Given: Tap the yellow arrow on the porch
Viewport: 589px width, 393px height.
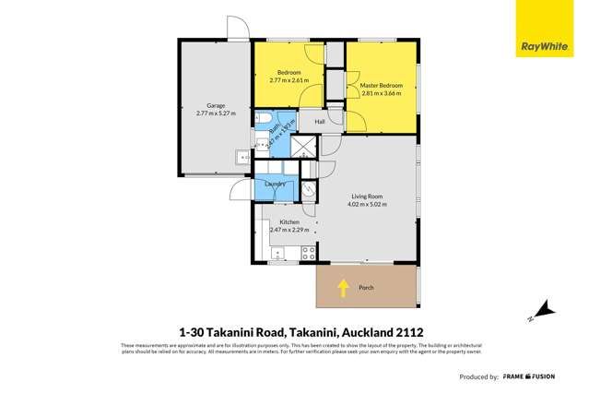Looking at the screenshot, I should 343,288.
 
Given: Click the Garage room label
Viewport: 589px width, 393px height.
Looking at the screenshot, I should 216,106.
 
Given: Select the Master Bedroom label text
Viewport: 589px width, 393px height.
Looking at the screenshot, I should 383,85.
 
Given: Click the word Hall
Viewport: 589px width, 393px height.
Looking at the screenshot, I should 320,122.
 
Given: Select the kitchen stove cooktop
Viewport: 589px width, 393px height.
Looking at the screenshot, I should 309,250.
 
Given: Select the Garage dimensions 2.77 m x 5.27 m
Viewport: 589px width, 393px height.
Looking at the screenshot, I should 216,113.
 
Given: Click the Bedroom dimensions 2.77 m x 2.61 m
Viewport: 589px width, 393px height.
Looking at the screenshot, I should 289,79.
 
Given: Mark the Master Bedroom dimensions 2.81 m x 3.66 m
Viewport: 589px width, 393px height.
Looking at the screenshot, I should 382,93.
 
